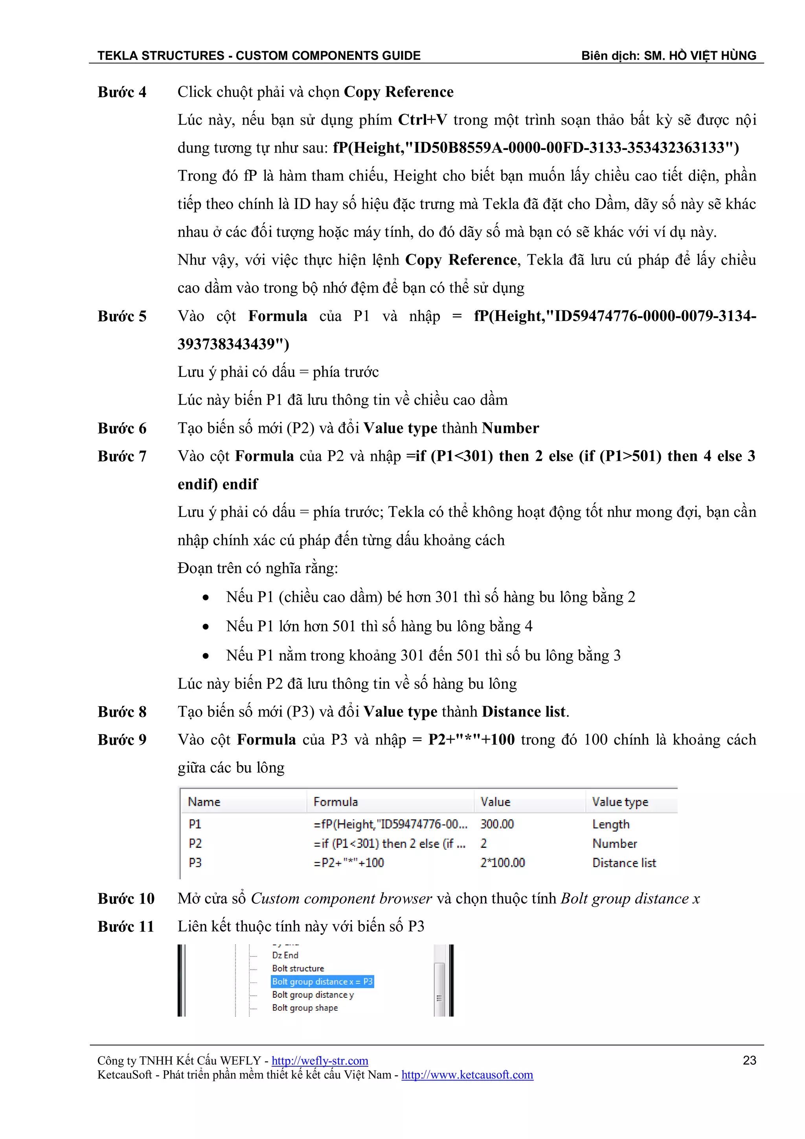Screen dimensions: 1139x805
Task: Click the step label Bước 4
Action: pos(122,92)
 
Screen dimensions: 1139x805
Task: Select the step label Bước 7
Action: pos(122,456)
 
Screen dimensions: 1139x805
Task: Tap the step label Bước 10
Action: pos(126,899)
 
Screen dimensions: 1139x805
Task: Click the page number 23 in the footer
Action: pos(749,1061)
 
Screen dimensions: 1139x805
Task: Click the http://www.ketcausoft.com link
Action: pos(467,1075)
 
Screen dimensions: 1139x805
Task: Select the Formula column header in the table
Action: pos(336,802)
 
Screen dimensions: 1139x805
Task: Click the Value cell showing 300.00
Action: pos(497,825)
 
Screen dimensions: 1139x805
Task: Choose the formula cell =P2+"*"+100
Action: pos(349,863)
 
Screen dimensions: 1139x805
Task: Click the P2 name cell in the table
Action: pos(195,844)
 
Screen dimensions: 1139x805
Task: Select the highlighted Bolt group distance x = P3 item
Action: pos(322,982)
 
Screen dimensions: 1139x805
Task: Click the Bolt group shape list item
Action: pos(305,1008)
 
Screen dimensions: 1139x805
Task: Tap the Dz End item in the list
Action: pos(285,955)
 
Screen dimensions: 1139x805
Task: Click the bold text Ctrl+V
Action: pos(422,120)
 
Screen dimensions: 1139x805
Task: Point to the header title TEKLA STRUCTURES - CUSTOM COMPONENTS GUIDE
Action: pos(259,55)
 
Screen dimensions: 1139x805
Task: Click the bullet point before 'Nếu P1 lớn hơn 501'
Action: pos(206,627)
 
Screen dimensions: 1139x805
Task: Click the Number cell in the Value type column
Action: pos(614,844)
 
